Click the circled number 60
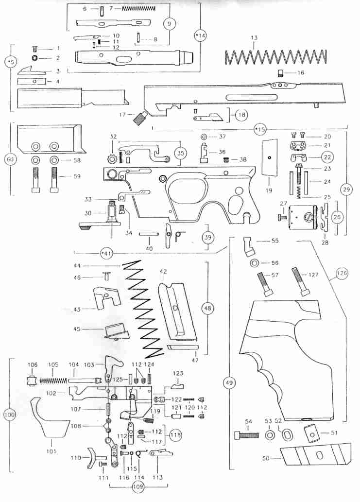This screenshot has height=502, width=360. click(x=9, y=159)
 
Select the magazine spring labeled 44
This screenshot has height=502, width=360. click(x=143, y=306)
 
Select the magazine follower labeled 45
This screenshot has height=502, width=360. click(x=115, y=332)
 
